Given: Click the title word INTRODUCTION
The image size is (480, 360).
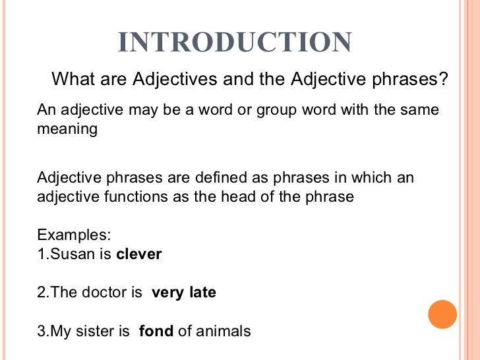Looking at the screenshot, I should (235, 43).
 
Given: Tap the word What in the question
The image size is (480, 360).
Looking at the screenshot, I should (70, 80).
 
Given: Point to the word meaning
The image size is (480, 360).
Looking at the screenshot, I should (67, 129).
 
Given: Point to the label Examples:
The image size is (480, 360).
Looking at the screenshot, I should (75, 235).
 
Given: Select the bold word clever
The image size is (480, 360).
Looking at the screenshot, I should (138, 254).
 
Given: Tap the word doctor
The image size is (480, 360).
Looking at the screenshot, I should (105, 292).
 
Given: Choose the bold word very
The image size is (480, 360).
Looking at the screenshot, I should (167, 292).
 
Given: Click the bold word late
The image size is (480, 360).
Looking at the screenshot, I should (202, 292).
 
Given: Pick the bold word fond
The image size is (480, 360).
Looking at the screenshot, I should (156, 330).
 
